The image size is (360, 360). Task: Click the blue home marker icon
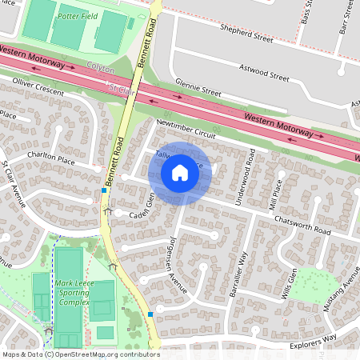pos(180,172)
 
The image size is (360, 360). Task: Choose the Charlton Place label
pos(50,160)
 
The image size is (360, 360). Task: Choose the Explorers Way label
pos(313,342)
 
